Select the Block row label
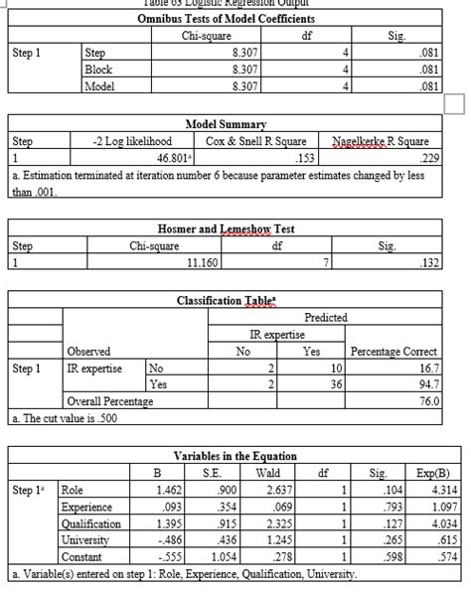pyautogui.click(x=98, y=70)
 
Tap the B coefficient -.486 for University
pyautogui.click(x=164, y=539)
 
